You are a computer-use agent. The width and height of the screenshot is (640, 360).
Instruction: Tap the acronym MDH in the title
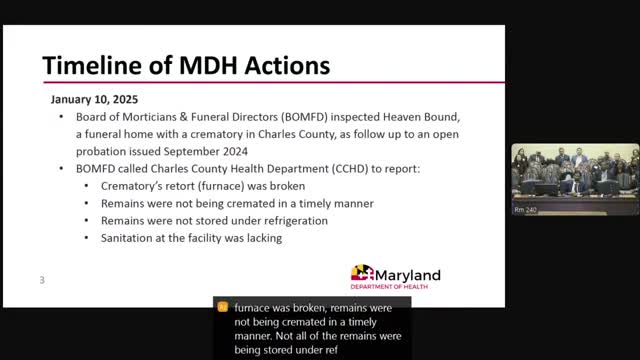tap(208, 65)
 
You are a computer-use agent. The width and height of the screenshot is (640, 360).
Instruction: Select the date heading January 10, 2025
tap(94, 100)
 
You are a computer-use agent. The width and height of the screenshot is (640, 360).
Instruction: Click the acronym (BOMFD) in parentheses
tap(304, 117)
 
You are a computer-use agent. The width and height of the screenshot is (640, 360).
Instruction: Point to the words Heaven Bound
tap(421, 117)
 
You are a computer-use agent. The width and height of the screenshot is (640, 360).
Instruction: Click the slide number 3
tap(42, 280)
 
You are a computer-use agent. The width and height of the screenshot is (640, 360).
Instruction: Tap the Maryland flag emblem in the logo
tap(362, 272)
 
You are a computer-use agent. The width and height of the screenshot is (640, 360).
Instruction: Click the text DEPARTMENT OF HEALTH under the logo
tap(389, 287)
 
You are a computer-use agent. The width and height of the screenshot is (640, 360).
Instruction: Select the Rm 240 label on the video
tap(525, 210)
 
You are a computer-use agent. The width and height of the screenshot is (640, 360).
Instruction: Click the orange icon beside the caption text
tap(222, 307)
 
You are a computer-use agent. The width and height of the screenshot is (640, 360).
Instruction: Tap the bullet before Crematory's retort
tap(87, 186)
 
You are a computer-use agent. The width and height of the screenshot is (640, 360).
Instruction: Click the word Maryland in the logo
tap(408, 276)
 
